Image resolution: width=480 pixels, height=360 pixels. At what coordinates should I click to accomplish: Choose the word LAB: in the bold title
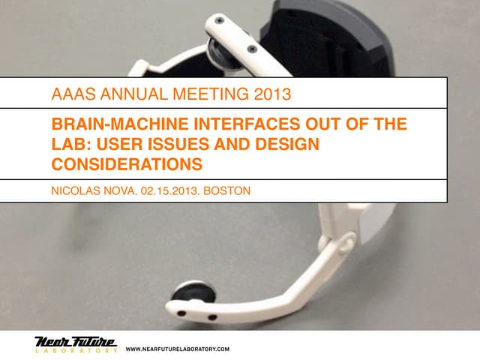(70, 142)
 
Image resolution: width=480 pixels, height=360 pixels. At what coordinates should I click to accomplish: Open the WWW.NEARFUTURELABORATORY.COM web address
(178, 349)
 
